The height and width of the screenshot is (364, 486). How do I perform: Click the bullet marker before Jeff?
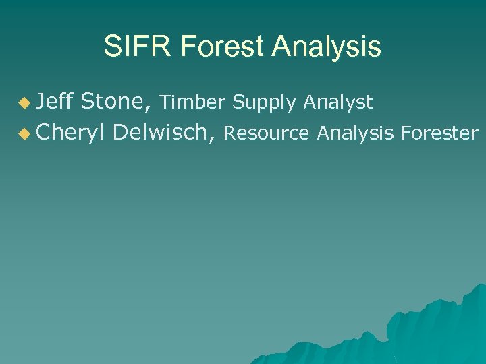point(25,103)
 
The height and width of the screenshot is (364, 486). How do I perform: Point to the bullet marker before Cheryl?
point(25,134)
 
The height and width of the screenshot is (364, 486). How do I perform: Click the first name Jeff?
point(55,102)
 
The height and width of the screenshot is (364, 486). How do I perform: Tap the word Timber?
point(193,102)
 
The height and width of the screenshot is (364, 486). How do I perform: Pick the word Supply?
point(265,103)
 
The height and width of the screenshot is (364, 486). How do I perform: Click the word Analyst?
point(337,102)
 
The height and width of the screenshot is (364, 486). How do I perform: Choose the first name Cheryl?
point(70,133)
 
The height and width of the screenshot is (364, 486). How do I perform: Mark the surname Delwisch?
point(161,133)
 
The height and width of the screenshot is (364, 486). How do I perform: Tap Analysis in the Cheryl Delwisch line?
point(354,133)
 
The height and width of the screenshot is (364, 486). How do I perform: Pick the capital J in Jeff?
point(41,102)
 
